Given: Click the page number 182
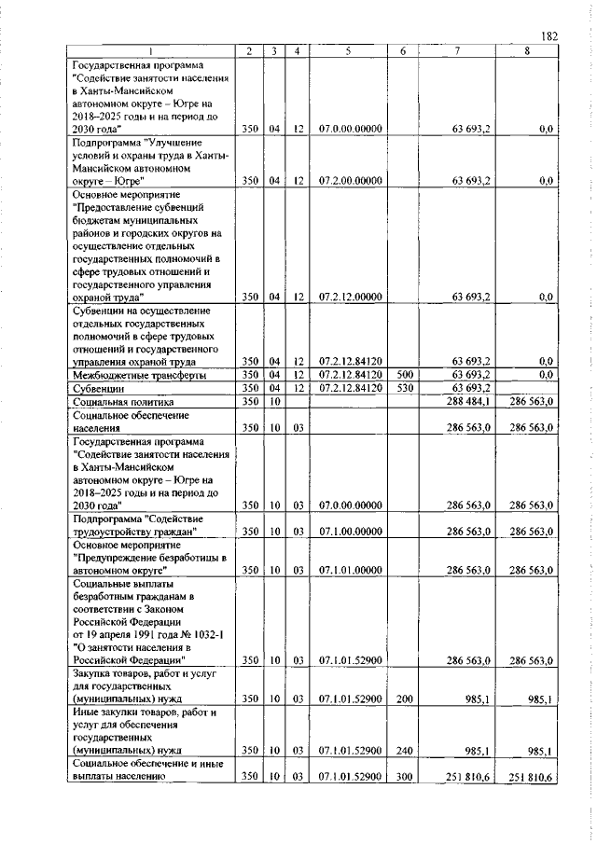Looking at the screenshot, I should [548, 35].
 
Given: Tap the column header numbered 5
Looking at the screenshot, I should [346, 51].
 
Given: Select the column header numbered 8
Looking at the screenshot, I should [527, 51].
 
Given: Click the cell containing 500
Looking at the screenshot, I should [405, 374].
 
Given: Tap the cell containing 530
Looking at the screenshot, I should [405, 387].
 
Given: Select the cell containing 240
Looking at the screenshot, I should [405, 749].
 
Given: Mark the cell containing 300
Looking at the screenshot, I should [405, 775].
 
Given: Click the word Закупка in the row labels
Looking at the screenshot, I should [95, 671].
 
